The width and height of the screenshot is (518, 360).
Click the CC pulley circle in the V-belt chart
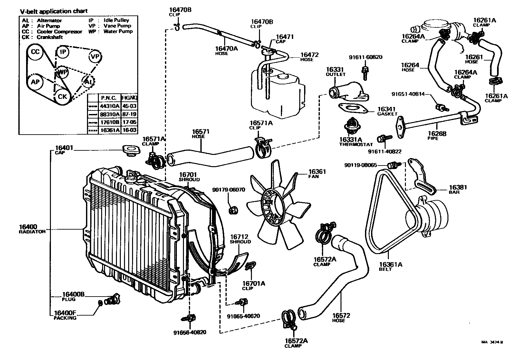tap(35, 52)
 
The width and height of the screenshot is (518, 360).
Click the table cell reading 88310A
tap(110, 114)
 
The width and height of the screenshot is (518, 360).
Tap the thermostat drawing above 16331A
tap(350, 126)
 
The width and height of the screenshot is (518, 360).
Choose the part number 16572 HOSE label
tap(341, 317)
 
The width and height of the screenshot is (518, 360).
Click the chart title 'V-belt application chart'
tap(53, 11)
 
